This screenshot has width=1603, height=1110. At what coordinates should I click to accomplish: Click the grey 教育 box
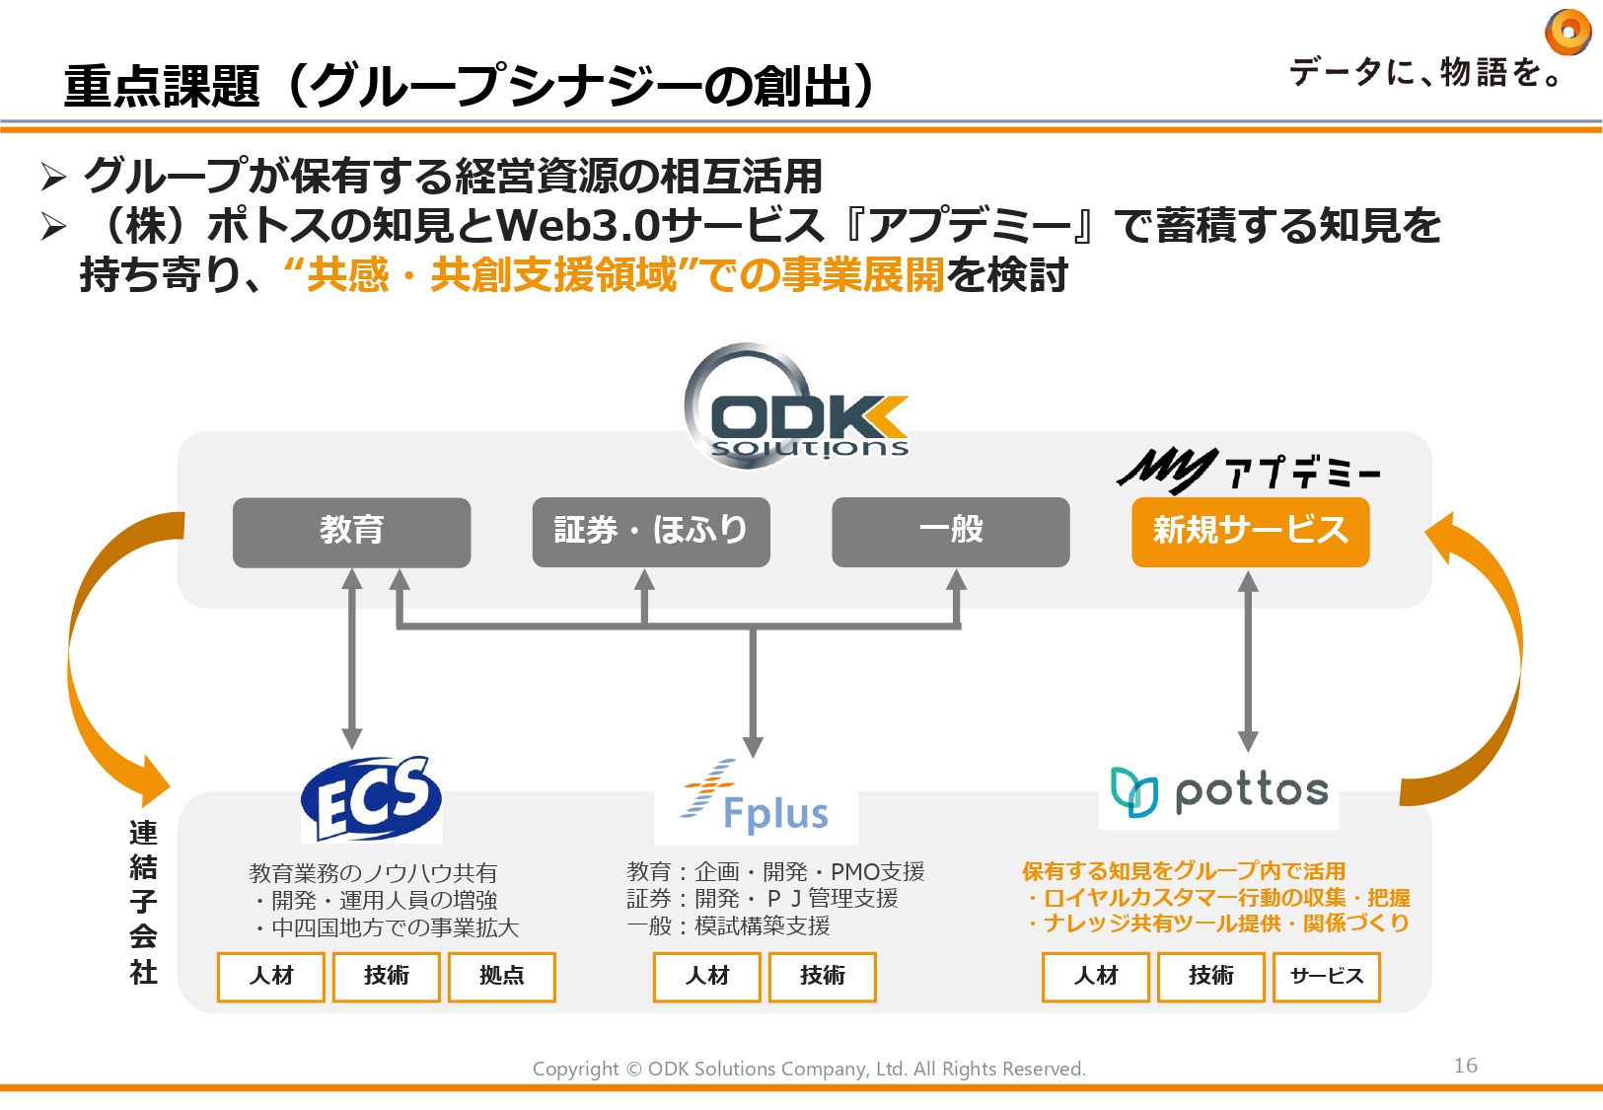(351, 532)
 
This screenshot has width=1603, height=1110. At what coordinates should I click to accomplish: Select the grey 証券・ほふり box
(650, 532)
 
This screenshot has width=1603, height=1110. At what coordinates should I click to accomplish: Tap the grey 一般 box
(950, 532)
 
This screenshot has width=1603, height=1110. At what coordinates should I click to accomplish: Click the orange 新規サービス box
(1250, 532)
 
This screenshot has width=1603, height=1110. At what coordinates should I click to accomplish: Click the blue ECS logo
(371, 798)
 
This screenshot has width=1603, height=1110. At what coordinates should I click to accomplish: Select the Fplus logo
(756, 801)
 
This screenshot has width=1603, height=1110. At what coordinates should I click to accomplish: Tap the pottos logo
(1219, 792)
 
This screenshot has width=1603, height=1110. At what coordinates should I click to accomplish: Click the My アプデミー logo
(1247, 471)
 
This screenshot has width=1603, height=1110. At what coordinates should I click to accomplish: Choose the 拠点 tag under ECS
(501, 976)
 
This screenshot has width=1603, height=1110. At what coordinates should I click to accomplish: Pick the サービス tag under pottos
(1326, 976)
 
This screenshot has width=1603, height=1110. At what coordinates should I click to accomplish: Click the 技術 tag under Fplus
(822, 976)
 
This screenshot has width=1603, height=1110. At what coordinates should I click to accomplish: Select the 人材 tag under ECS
(271, 976)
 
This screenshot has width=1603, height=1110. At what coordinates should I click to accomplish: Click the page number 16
(1465, 1066)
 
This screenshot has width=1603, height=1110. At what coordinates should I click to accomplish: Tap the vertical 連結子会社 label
(143, 902)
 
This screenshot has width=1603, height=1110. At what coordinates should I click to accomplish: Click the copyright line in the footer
(809, 1069)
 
